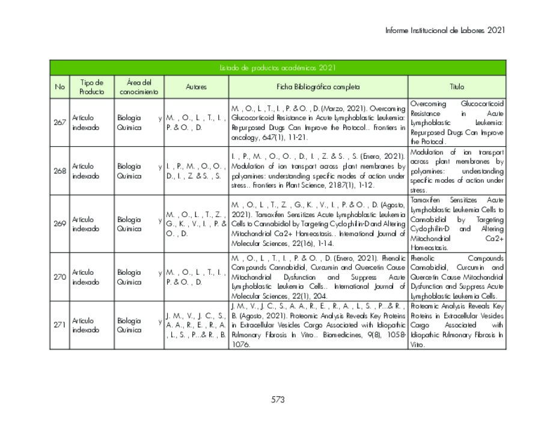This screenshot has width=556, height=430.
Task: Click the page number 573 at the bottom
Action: (x=278, y=399)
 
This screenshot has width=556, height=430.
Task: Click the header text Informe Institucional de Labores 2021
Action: (x=445, y=29)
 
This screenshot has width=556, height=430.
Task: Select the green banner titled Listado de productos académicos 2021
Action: (x=278, y=68)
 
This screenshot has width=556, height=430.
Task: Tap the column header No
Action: (x=60, y=87)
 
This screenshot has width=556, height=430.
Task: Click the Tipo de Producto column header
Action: (x=91, y=87)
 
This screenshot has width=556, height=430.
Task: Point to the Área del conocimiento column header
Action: (x=139, y=87)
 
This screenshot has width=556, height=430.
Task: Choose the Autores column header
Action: (x=196, y=87)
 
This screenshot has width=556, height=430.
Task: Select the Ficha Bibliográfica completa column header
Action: (x=318, y=87)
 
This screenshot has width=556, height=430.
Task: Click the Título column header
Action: (x=457, y=87)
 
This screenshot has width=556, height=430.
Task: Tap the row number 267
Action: (x=60, y=122)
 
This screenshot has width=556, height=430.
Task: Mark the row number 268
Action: (x=60, y=171)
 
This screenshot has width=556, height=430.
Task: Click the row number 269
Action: (x=60, y=224)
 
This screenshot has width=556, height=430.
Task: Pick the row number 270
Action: (x=60, y=277)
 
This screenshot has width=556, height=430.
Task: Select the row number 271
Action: (x=60, y=325)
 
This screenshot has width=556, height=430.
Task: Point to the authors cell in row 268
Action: (x=196, y=171)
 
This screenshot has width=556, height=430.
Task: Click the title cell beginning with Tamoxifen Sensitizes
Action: (x=457, y=224)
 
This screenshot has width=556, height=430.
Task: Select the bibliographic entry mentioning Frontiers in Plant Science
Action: (x=318, y=171)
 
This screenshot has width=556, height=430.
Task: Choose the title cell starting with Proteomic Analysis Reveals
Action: (x=457, y=325)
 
